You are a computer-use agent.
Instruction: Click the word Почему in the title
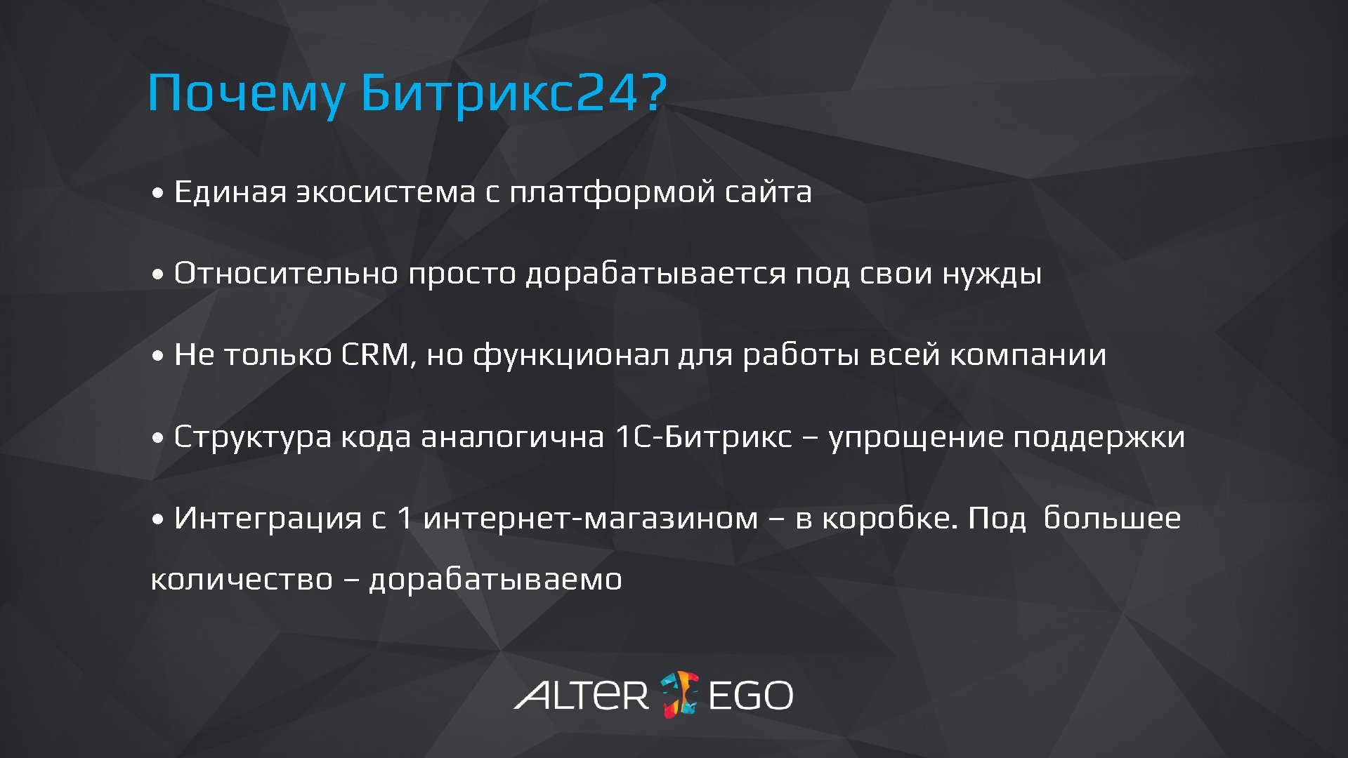pyautogui.click(x=247, y=93)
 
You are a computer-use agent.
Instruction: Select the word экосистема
pyautogui.click(x=386, y=192)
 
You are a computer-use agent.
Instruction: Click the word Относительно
pyautogui.click(x=286, y=274)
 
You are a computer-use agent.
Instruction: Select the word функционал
pyautogui.click(x=570, y=355)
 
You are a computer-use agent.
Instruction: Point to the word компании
pyautogui.click(x=1028, y=355)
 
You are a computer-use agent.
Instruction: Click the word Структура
pyautogui.click(x=252, y=437)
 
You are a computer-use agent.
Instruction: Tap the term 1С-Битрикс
pyautogui.click(x=703, y=437)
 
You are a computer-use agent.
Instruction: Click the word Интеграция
pyautogui.click(x=268, y=519)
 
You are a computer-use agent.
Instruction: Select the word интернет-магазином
pyautogui.click(x=591, y=519)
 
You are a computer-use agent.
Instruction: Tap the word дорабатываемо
pyautogui.click(x=495, y=580)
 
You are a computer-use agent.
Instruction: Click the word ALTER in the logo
pyautogui.click(x=582, y=695)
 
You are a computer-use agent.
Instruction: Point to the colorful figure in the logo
pyautogui.click(x=679, y=694)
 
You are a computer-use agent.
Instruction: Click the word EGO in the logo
pyautogui.click(x=750, y=696)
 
